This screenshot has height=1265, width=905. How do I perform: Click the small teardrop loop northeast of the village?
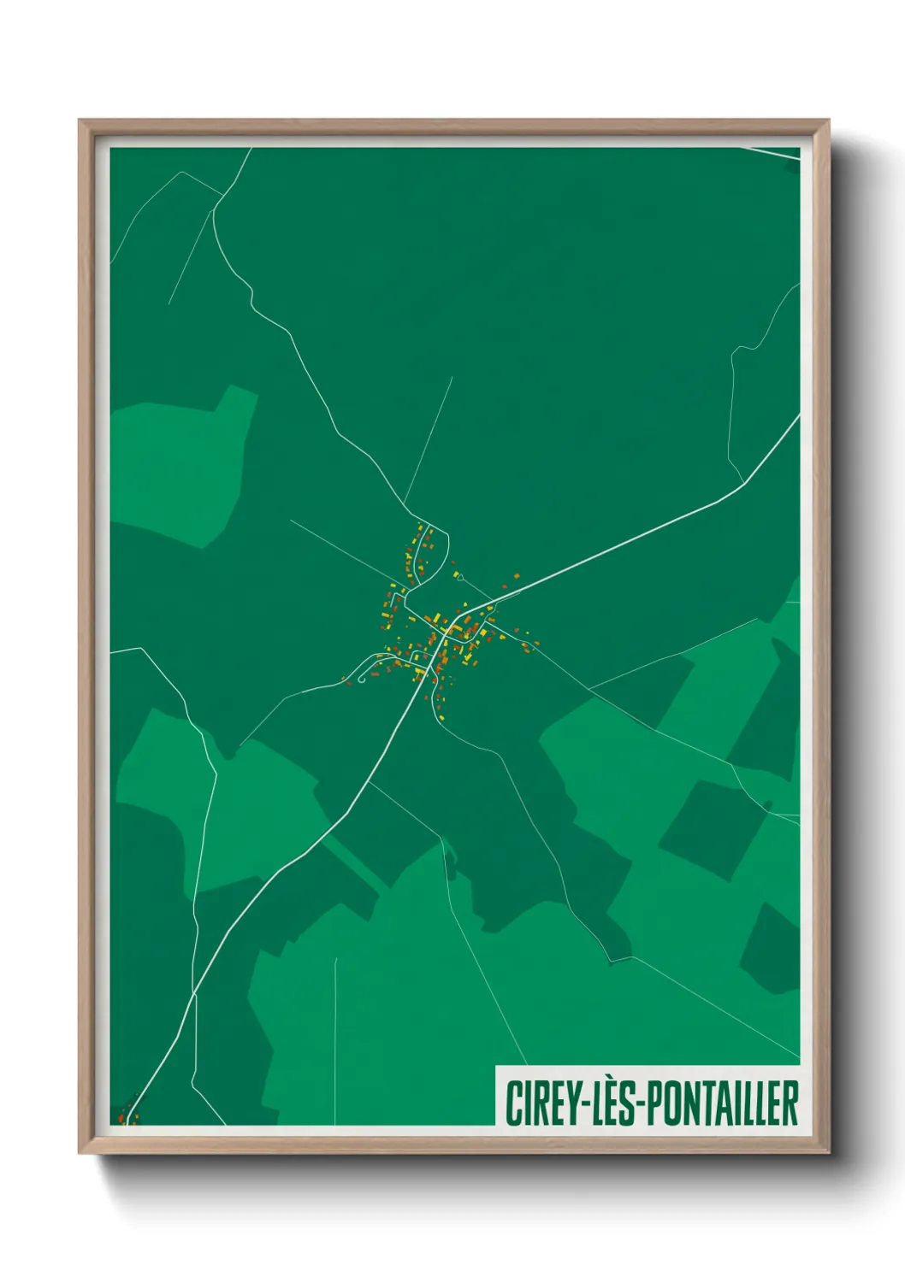click(460, 579)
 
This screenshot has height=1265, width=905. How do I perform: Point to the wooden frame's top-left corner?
click(80, 121)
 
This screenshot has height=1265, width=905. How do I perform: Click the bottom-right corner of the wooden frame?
click(827, 1152)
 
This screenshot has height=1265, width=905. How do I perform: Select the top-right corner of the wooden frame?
click(827, 121)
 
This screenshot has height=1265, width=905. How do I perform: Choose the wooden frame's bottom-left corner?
click(80, 1152)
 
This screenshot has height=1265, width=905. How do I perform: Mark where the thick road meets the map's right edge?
click(798, 417)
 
